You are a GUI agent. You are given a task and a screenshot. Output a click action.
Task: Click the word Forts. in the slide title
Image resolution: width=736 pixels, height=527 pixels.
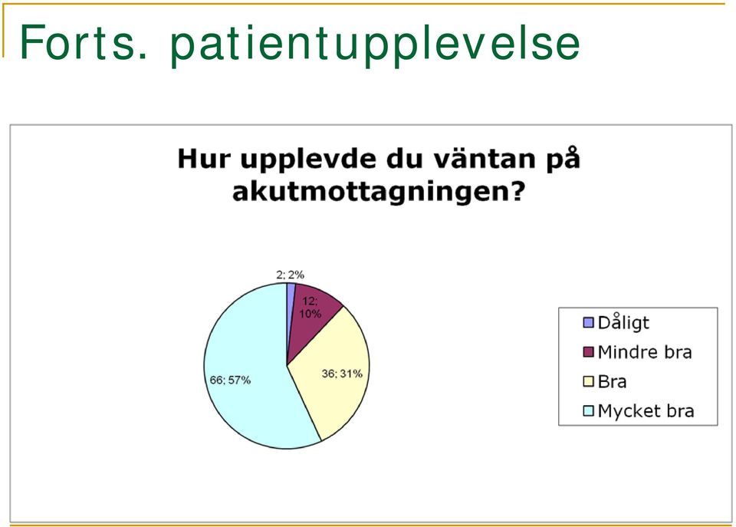pos(84,42)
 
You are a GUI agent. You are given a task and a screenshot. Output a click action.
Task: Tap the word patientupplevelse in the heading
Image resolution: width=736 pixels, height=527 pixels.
pos(376,45)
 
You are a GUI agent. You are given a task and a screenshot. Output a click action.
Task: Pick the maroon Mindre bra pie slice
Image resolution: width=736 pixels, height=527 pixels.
pos(310,315)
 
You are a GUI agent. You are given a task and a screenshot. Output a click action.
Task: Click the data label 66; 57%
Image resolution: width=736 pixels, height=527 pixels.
pos(230,380)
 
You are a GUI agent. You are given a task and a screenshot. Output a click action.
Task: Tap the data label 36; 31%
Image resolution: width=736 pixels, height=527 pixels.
pos(342,374)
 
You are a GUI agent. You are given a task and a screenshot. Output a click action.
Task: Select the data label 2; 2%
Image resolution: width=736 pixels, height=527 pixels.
pos(290,275)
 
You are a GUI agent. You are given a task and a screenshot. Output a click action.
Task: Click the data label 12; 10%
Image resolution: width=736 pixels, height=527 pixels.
pos(310,308)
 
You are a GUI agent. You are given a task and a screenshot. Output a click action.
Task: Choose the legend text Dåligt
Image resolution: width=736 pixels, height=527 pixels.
pos(623,323)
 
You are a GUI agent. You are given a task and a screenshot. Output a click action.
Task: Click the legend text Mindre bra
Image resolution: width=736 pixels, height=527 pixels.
pos(645,352)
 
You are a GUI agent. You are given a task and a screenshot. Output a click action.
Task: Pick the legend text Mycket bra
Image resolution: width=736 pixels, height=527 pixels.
pos(646,411)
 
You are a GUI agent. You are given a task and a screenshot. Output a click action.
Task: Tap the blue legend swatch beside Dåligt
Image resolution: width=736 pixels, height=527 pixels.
pos(588,323)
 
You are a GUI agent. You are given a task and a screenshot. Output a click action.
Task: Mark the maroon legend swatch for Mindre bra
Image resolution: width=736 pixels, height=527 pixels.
pos(588,352)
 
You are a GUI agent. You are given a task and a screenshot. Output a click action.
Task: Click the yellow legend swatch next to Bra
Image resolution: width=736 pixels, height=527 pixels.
pos(588,381)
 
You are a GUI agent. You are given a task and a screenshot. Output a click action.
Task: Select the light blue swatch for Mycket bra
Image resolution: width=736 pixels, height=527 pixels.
pos(588,411)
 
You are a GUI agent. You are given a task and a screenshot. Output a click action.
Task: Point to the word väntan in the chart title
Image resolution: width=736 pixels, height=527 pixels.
pos(484,158)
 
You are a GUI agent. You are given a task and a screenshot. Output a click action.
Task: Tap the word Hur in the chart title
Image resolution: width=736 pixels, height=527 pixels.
pos(204,158)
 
